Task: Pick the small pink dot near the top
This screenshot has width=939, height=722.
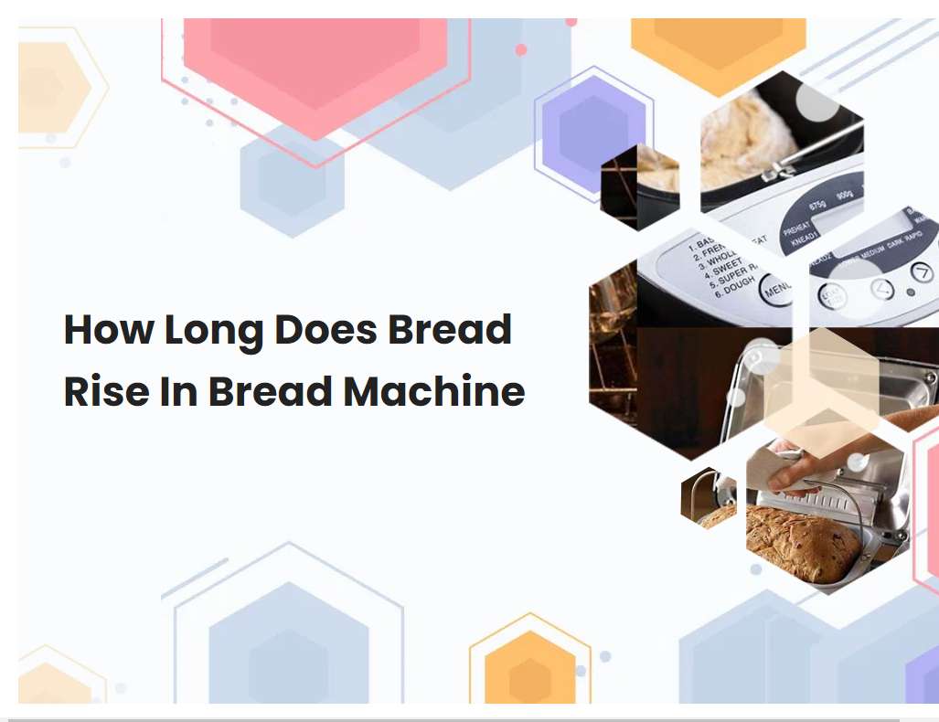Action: tap(521, 50)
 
